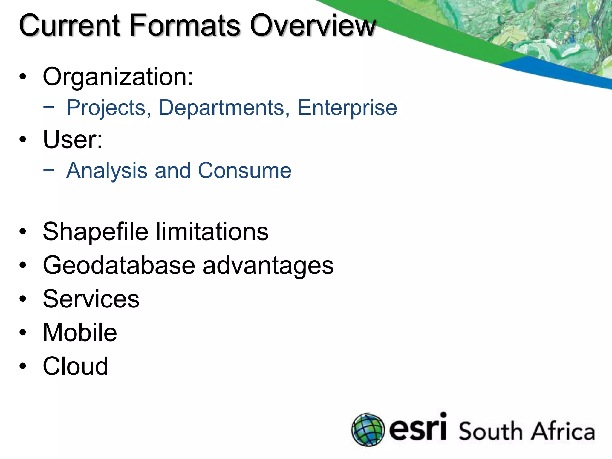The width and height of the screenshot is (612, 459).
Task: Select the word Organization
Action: point(118,77)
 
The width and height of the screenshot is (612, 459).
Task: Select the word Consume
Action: point(244,171)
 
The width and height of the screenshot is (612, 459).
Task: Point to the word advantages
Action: point(268,266)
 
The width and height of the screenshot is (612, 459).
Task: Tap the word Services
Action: point(91,299)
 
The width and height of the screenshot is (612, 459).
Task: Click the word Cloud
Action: point(75,366)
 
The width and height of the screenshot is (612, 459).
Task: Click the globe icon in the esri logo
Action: point(368,430)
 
